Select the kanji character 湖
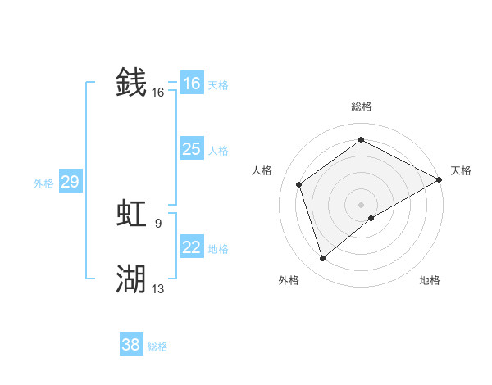131,279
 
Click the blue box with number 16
191,84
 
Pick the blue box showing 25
191,149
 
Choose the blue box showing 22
191,247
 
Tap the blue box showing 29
70,182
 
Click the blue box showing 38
131,345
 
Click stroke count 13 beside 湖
157,288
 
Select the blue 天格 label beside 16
218,85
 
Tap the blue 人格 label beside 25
218,151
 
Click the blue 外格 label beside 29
43,183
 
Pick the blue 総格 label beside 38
157,346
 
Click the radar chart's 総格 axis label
362,106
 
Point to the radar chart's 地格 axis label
430,281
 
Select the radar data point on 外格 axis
323,259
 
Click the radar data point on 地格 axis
371,218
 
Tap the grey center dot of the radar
362,204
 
